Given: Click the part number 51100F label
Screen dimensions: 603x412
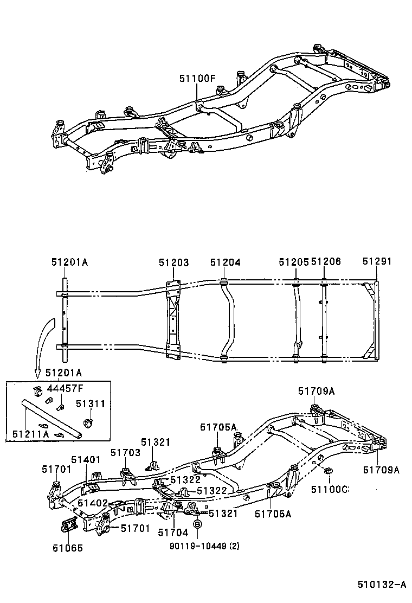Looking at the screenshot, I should tap(198, 78).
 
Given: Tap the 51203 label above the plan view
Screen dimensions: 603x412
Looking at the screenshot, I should tap(173, 262).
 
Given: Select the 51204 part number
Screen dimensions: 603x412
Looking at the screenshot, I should tap(226, 262).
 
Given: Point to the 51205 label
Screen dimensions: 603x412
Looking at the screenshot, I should tap(294, 262).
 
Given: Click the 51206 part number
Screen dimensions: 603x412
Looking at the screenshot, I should tap(326, 262).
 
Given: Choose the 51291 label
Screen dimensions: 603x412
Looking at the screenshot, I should tap(377, 262).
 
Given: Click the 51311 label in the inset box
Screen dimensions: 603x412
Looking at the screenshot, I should tap(90, 404).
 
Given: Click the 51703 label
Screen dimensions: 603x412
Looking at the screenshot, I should tap(125, 452).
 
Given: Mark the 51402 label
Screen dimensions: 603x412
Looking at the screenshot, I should tap(92, 503).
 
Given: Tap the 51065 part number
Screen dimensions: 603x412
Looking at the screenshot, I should tap(68, 548).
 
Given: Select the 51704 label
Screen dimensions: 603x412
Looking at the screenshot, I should tap(172, 533).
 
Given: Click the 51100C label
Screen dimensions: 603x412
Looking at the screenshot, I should tap(329, 490).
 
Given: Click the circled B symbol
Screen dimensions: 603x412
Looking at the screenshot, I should tap(198, 524).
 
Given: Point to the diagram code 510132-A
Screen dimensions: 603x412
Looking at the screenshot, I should tap(381, 585).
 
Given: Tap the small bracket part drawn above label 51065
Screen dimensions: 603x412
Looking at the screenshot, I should tap(69, 525).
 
